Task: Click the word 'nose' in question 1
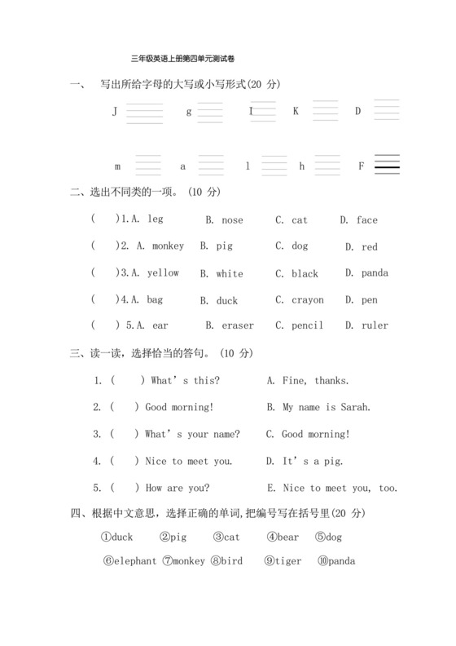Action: (x=232, y=220)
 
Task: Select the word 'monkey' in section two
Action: (x=167, y=246)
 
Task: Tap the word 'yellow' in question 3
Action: (x=162, y=273)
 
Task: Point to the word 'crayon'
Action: (x=307, y=300)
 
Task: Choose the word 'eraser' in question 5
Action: (x=237, y=325)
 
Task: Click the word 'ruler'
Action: (x=375, y=325)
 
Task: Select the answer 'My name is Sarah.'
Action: (x=326, y=407)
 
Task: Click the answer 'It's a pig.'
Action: (x=313, y=461)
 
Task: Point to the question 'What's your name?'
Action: (x=191, y=434)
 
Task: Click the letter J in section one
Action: (x=115, y=111)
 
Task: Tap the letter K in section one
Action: (x=296, y=110)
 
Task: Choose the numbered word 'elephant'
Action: (x=135, y=561)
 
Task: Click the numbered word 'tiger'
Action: (x=287, y=561)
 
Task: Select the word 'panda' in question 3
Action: (x=374, y=273)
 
